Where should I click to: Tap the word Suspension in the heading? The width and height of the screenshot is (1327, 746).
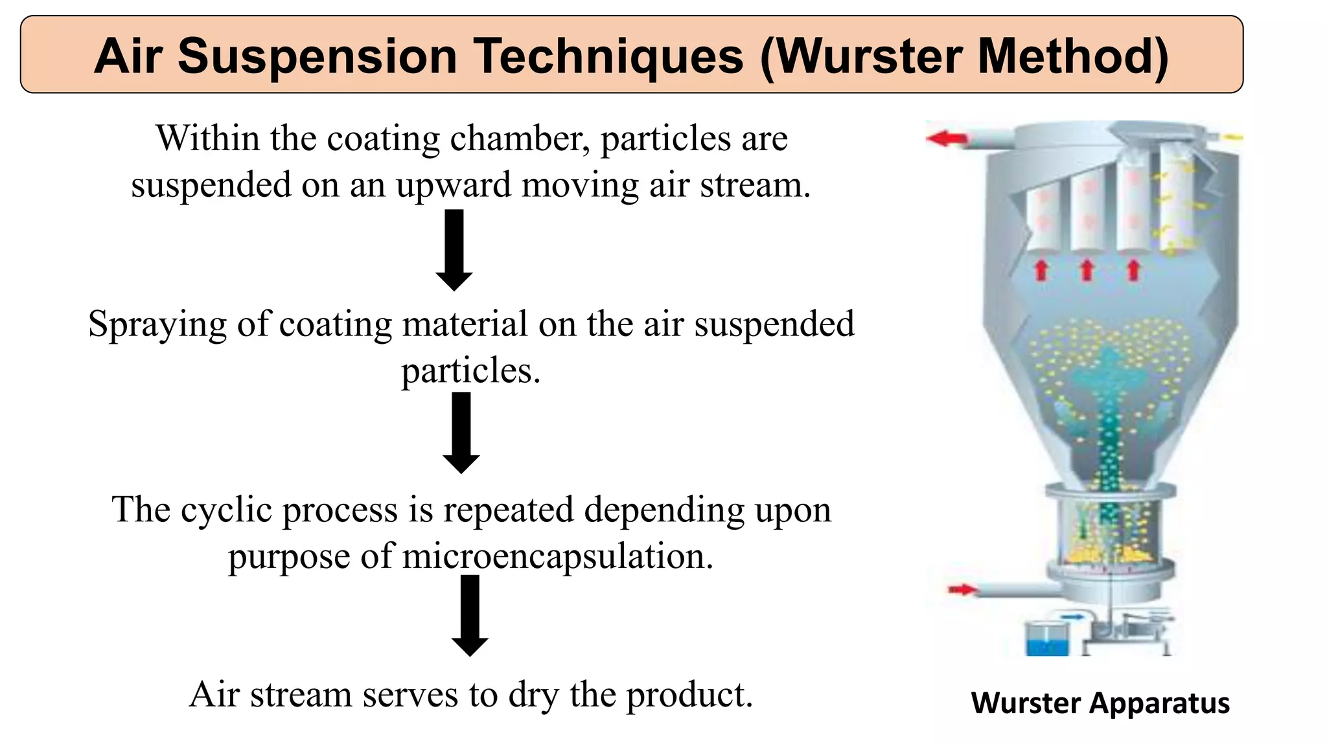coord(317,56)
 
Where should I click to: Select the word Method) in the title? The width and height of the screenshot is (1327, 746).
coord(1073,56)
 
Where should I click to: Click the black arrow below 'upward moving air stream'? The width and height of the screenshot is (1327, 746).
coord(454,249)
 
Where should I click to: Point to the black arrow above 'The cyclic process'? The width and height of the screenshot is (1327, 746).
coord(461,433)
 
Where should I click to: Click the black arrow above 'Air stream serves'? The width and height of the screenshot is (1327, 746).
coord(470,615)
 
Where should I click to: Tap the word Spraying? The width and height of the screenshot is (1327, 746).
coord(157,324)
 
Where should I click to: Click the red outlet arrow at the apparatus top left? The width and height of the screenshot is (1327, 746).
coord(947,138)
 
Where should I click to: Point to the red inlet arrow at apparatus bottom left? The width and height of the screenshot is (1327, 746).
coord(962,589)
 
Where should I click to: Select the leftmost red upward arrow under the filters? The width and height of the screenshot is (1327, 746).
coord(1041,269)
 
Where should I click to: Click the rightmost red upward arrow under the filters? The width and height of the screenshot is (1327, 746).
coord(1133,269)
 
